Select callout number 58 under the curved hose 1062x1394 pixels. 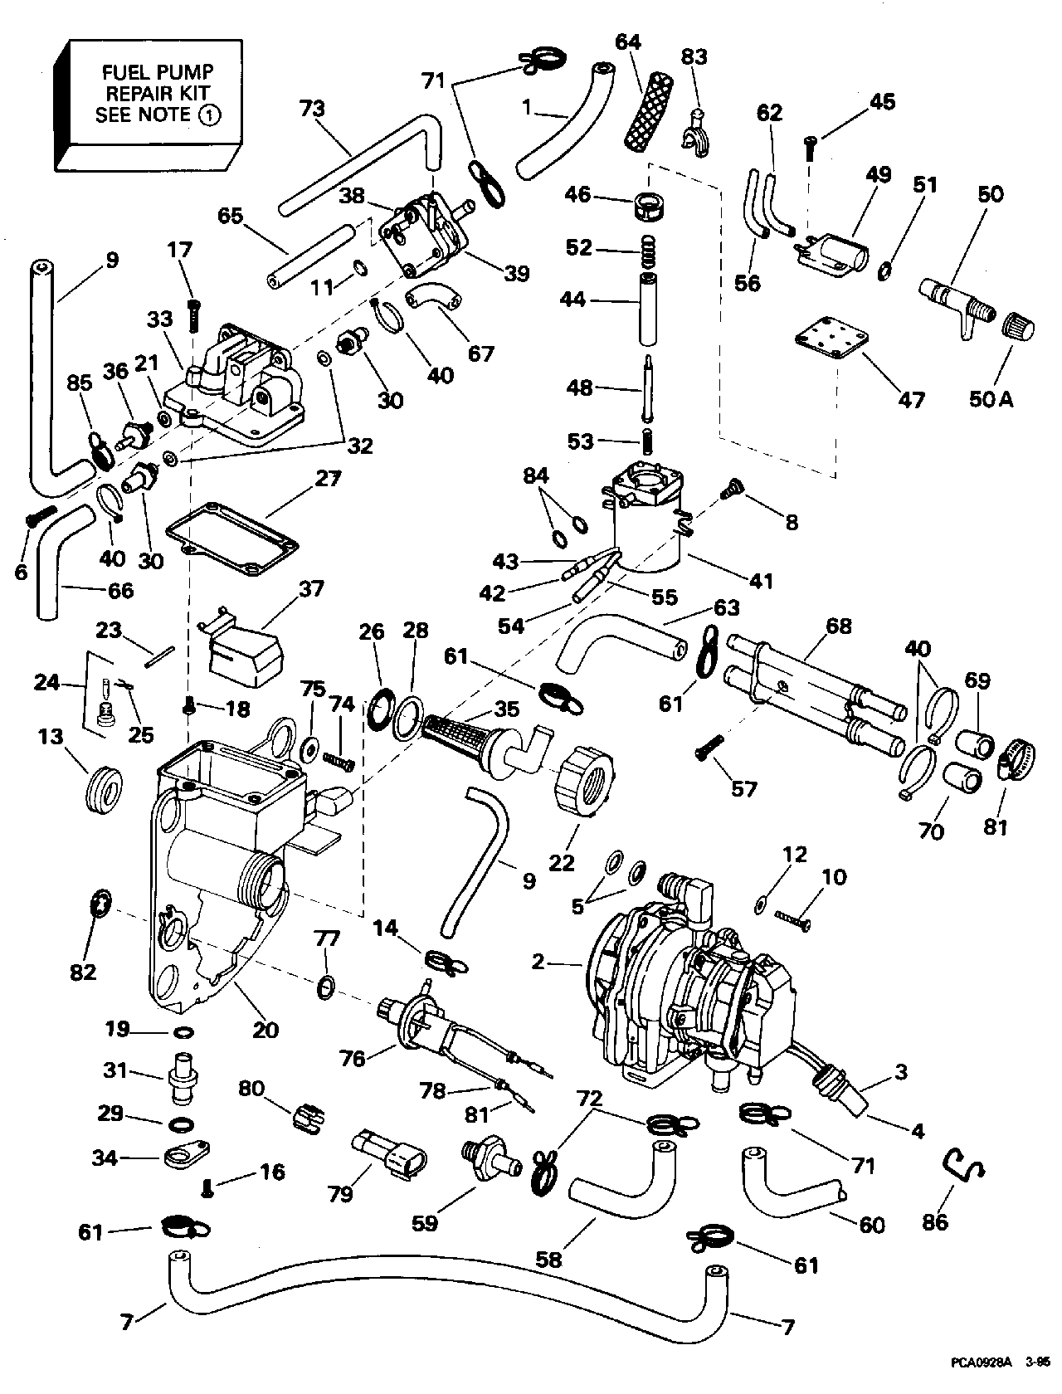point(549,1260)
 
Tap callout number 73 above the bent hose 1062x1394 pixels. point(314,109)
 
